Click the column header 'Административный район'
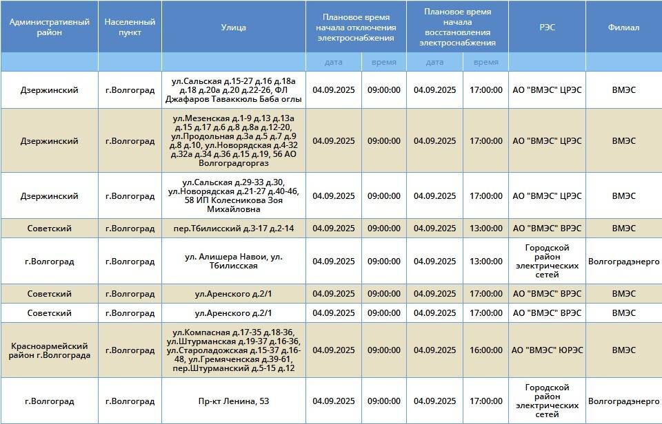[50, 27]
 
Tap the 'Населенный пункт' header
[130, 27]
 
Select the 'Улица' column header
[233, 28]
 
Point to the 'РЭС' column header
[547, 28]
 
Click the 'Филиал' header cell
[623, 28]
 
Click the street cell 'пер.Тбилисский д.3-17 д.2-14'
[234, 229]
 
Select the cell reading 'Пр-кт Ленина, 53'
[234, 401]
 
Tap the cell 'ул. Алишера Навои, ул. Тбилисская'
[234, 262]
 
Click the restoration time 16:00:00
[485, 350]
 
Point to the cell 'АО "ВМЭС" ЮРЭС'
[547, 350]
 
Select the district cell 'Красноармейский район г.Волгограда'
[50, 350]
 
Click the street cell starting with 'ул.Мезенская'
[234, 141]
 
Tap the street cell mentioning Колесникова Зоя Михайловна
[234, 196]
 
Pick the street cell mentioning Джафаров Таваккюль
[234, 90]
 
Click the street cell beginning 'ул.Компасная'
[234, 350]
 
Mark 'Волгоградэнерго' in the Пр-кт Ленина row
[623, 401]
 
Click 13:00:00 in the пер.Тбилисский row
[485, 229]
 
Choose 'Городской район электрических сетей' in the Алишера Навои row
[547, 262]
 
